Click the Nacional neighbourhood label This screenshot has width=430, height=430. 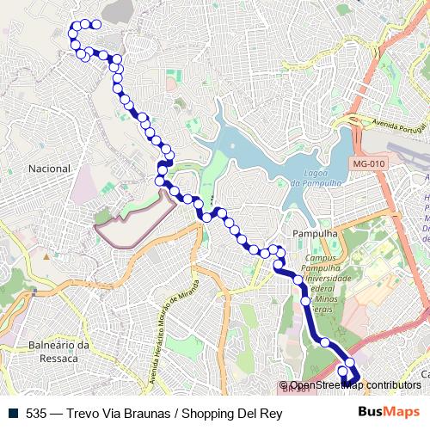click(x=49, y=169)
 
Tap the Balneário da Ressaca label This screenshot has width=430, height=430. click(x=59, y=352)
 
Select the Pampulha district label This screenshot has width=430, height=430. click(x=314, y=233)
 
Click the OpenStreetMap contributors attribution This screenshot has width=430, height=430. click(x=355, y=386)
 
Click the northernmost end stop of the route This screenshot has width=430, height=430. click(x=95, y=25)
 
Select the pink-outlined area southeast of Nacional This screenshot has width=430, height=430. click(x=129, y=220)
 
